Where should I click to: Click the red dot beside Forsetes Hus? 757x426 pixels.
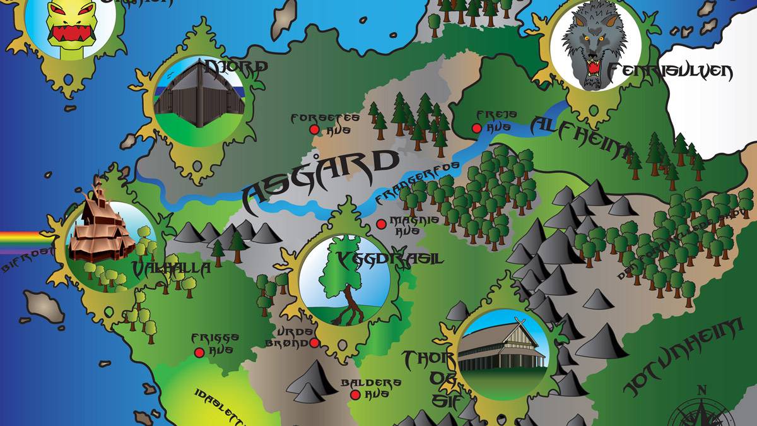(x=314, y=129)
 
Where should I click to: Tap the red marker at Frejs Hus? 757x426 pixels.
(x=477, y=128)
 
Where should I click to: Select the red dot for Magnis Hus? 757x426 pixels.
(x=381, y=223)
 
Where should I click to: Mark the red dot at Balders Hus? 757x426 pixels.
(x=355, y=395)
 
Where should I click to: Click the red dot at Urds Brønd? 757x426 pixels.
(x=314, y=343)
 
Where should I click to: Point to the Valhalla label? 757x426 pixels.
(x=171, y=269)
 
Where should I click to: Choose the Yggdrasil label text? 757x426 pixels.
(x=390, y=259)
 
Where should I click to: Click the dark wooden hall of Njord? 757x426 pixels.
(x=199, y=92)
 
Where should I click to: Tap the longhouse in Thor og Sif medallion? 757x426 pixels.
(x=501, y=350)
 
